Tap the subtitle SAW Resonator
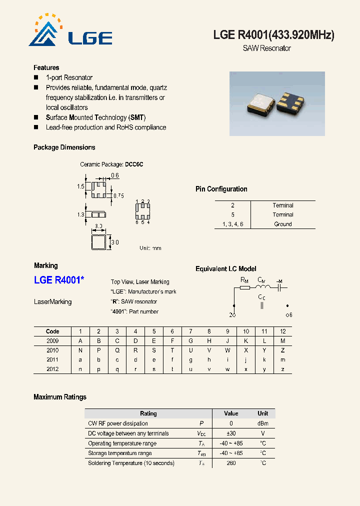pos(266,48)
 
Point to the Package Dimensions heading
pos(64,147)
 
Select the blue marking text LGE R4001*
pos(59,280)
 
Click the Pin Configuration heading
pos(221,189)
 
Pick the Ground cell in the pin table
pos(283,224)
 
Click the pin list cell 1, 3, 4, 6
pos(232,224)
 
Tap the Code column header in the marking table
pos(52,331)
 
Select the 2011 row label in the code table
pos(52,359)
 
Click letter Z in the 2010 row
pos(282,350)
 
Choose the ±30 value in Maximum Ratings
pos(231,433)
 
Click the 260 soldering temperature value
pos(231,463)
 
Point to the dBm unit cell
pos(262,423)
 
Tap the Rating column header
pos(148,413)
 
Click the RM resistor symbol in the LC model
pos(244,287)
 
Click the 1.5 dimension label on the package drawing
pos(80,186)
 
